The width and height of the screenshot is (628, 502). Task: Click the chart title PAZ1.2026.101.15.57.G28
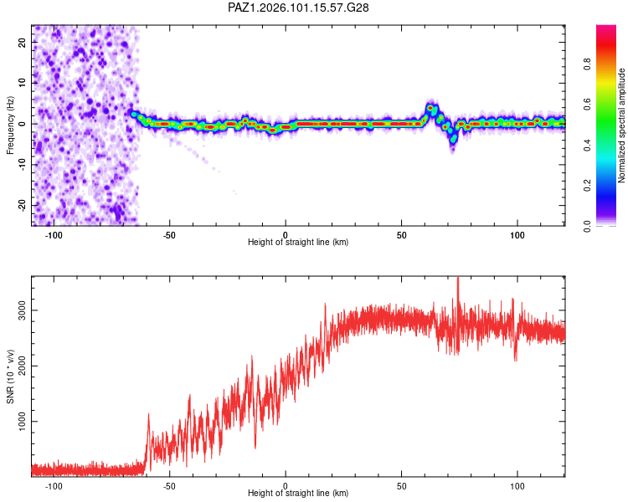[298, 8]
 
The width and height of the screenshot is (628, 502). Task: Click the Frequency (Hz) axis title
[10, 125]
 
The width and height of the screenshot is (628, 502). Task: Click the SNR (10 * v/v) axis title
[10, 376]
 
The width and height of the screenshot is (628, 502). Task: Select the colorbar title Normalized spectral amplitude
[621, 125]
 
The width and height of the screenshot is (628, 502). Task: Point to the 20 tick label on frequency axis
[22, 43]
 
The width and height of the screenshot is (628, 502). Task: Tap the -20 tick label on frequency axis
[22, 205]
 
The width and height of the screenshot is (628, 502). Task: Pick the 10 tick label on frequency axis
[22, 83]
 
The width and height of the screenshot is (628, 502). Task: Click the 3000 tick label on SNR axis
[22, 310]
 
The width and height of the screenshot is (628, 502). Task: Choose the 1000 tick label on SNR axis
[22, 422]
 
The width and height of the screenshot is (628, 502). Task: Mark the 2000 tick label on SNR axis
[22, 366]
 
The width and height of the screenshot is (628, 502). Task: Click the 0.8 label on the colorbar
[587, 64]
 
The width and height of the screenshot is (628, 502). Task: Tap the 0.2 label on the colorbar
[587, 186]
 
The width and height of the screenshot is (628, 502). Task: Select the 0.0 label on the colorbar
[587, 226]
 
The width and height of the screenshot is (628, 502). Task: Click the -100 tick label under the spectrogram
[54, 235]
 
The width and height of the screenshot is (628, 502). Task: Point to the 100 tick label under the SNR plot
[517, 486]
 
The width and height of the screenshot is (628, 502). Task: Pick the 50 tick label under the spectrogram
[401, 235]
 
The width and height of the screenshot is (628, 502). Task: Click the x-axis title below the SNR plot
[298, 493]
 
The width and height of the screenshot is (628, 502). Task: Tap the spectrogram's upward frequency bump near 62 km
[430, 108]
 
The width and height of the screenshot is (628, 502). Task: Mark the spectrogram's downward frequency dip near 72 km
[453, 138]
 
